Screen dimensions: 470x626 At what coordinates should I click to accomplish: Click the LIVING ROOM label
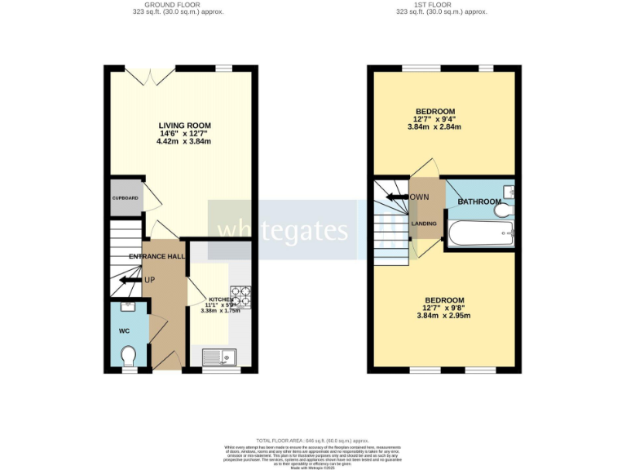tap(183, 125)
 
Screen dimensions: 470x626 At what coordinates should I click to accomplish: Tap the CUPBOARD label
tap(125, 198)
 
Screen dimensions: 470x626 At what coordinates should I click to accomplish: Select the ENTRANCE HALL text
tap(156, 256)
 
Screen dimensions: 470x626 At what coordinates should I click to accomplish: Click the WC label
tap(124, 330)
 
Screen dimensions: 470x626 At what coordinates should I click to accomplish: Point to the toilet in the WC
tap(128, 356)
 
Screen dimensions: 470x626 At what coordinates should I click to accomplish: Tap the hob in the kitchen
tap(240, 295)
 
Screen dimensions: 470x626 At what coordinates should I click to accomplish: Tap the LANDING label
tap(424, 224)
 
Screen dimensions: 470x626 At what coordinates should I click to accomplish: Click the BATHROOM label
tap(478, 202)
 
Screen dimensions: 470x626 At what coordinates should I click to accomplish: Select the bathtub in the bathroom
tap(481, 233)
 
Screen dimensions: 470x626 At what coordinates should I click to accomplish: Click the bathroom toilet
tap(503, 211)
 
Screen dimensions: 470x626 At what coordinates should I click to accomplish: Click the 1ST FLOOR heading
tap(441, 4)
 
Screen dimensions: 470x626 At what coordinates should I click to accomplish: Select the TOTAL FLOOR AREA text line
tap(312, 439)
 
